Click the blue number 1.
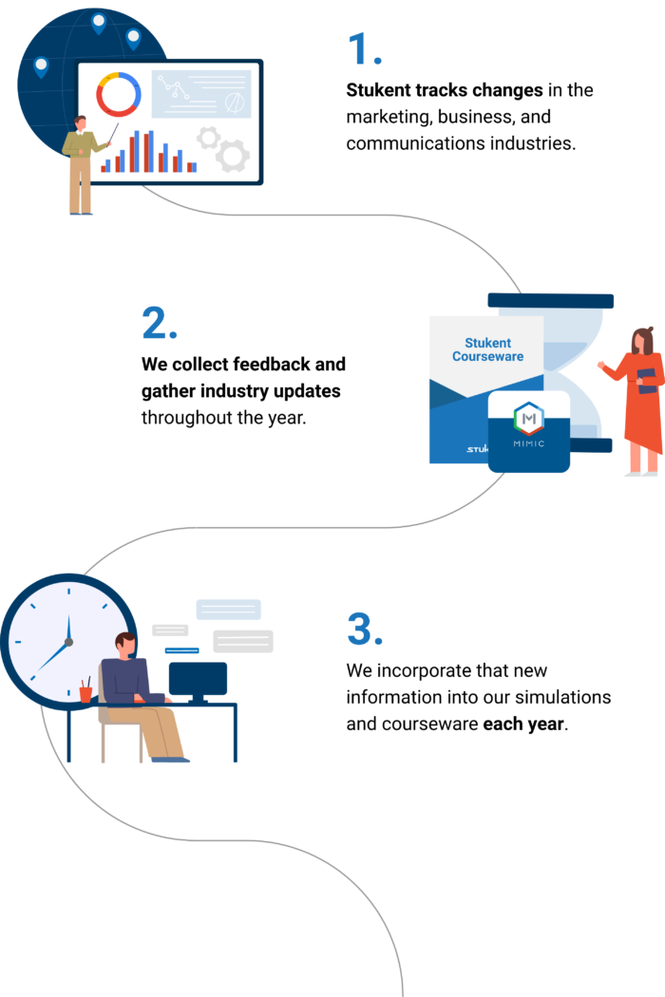click(363, 48)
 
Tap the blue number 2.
click(159, 324)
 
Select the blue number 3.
click(364, 629)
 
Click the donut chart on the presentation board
click(119, 95)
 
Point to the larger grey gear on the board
click(232, 155)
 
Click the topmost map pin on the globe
click(99, 22)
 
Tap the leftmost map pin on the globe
click(41, 66)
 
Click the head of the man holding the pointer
click(81, 123)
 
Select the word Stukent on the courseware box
click(487, 343)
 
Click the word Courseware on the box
click(487, 357)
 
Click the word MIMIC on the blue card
click(528, 442)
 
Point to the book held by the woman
click(647, 380)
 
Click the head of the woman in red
click(643, 340)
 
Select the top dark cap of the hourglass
click(551, 301)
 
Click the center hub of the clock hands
click(68, 643)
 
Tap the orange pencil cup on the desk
click(85, 694)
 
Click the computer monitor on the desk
click(198, 679)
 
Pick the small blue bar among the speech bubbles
click(181, 650)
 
